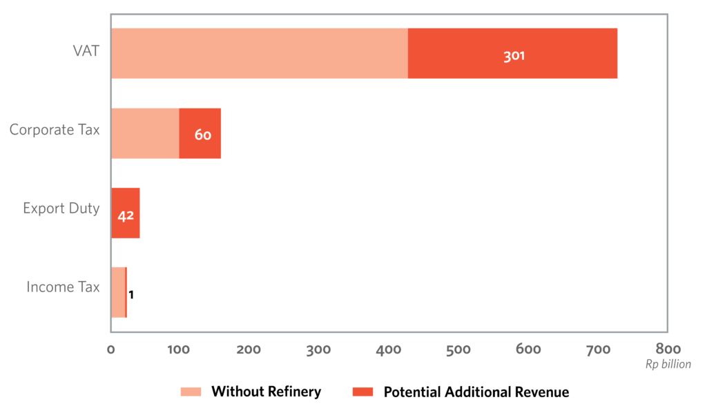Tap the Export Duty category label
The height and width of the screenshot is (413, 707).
(61, 209)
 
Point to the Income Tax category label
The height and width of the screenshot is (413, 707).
(63, 287)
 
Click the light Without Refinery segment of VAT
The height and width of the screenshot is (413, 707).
(259, 53)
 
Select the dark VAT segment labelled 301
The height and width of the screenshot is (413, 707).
(512, 53)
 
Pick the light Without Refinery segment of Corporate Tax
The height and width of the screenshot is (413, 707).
(145, 133)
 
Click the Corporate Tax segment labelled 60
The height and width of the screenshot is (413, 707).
(200, 133)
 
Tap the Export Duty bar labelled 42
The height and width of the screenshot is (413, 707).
(126, 213)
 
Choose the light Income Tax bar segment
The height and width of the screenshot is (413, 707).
(118, 293)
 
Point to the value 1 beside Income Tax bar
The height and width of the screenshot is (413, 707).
(131, 295)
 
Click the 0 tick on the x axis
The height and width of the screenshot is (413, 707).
(111, 349)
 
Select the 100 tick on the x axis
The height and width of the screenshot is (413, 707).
(179, 349)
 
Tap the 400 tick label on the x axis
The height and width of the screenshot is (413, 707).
(388, 349)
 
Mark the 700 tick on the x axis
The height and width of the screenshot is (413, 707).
(597, 349)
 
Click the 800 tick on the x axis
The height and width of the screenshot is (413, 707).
(667, 349)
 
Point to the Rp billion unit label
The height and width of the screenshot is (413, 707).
(668, 364)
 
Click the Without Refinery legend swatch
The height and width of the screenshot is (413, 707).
(191, 392)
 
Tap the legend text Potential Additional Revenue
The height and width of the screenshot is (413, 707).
(476, 392)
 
